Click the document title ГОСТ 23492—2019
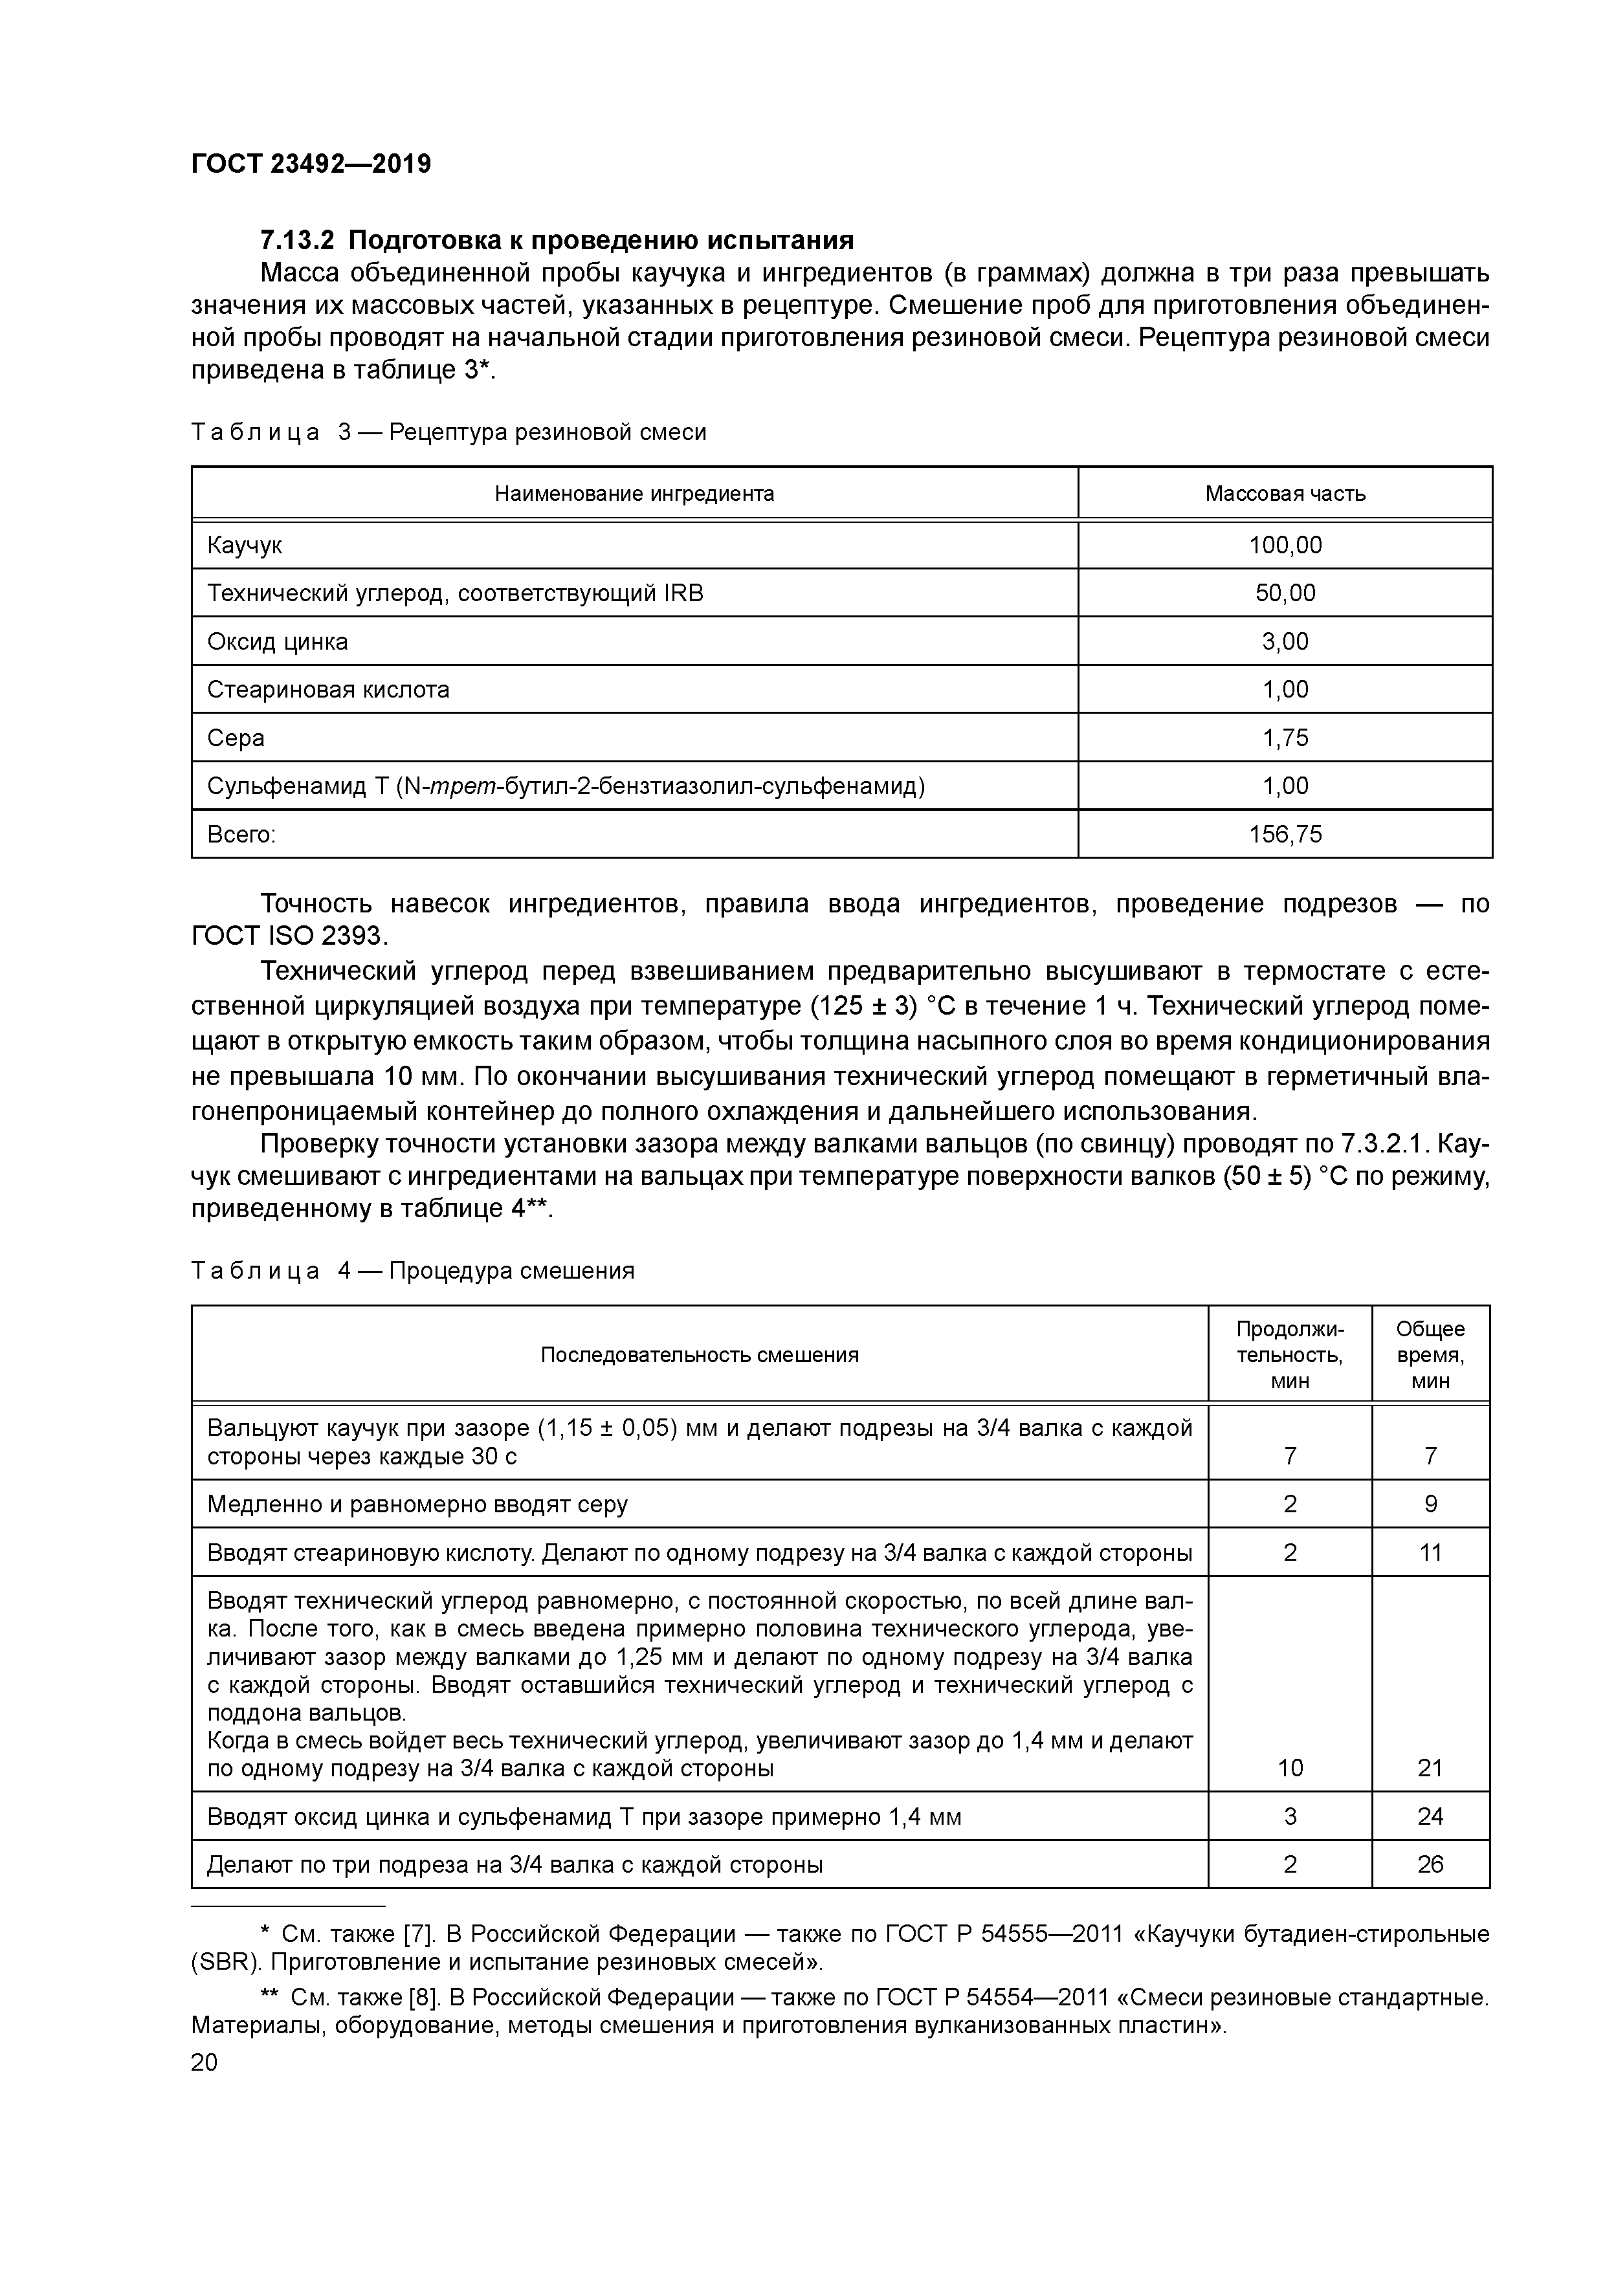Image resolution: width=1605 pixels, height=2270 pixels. (311, 164)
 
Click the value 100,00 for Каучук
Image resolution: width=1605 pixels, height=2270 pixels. (1285, 545)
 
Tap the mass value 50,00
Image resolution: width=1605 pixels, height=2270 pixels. (1285, 593)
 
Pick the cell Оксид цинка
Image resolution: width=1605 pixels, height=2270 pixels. (278, 642)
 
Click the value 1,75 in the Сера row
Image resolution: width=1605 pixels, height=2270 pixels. (1285, 738)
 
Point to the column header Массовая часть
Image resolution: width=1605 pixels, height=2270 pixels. (1285, 493)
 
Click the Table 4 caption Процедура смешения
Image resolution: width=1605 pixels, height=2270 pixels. (511, 1270)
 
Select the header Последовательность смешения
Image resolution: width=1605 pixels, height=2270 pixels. (699, 1354)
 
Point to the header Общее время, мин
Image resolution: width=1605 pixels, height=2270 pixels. (1430, 1354)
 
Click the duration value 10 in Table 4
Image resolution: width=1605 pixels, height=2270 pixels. (1290, 1768)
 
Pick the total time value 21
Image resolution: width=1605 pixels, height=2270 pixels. (1430, 1768)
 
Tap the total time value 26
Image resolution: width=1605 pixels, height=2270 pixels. (1430, 1865)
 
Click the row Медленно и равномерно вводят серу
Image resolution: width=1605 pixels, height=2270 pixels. (417, 1504)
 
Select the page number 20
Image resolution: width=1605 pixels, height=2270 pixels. (204, 2062)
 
